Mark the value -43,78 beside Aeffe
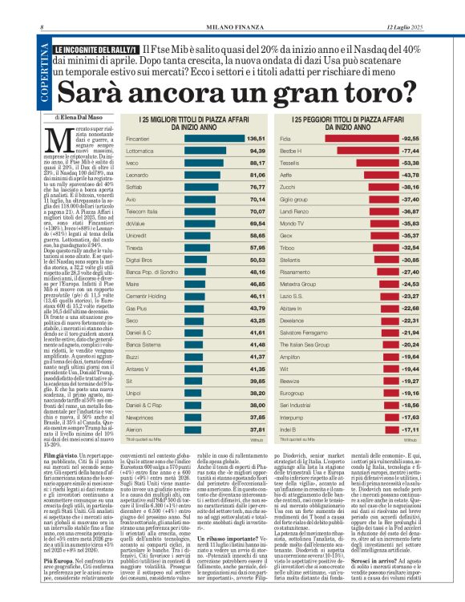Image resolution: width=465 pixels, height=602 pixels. click(x=410, y=172)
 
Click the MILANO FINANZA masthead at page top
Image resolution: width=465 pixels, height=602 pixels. click(x=232, y=30)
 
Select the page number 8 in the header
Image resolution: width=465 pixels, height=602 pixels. click(x=42, y=30)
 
